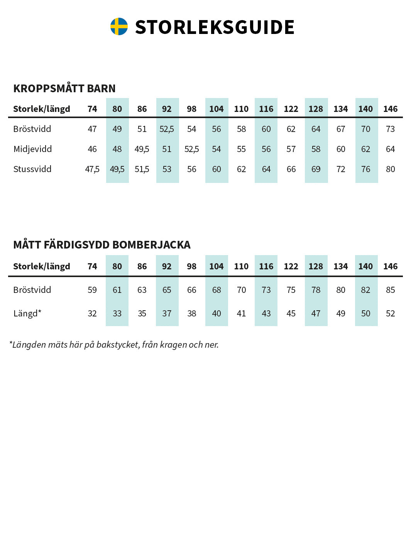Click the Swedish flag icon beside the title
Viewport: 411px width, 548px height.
119,27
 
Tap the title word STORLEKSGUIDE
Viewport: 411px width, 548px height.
215,27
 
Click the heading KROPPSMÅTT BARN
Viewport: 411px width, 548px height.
64,88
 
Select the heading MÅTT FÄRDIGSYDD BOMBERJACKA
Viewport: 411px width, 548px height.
102,245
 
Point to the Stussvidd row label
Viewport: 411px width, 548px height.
32,169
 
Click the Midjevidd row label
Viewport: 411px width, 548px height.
32,149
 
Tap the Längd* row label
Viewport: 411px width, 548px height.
27,313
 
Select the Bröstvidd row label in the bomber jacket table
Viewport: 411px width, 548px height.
32,290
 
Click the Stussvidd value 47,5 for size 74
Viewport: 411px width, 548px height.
92,169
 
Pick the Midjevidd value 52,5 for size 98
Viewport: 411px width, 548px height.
191,149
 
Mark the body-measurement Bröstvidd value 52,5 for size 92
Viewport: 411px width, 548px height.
167,129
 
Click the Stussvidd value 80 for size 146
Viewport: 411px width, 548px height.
390,169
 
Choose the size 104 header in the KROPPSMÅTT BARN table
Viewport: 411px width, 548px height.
216,109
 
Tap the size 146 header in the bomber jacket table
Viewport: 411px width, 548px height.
390,266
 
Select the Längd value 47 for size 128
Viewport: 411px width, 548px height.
316,313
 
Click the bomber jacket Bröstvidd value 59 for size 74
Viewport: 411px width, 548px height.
92,290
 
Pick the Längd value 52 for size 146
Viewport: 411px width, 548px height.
390,313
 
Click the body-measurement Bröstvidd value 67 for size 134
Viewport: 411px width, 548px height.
340,129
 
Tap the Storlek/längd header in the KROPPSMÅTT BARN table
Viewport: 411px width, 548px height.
42,109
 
